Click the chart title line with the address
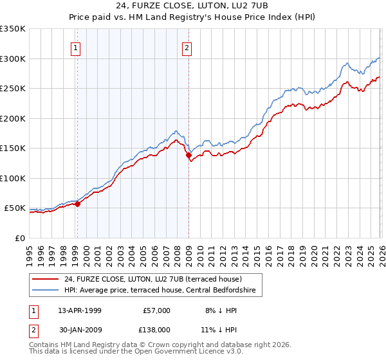pyautogui.click(x=192, y=6)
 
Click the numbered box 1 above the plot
pyautogui.click(x=77, y=48)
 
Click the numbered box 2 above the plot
pyautogui.click(x=187, y=48)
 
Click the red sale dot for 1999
pyautogui.click(x=78, y=204)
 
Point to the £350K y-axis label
pyautogui.click(x=13, y=29)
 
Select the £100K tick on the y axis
pyautogui.click(x=13, y=178)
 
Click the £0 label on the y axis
pyautogui.click(x=21, y=238)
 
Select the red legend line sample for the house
pyautogui.click(x=46, y=279)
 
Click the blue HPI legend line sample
pyautogui.click(x=46, y=291)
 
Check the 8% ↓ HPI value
pyautogui.click(x=220, y=310)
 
